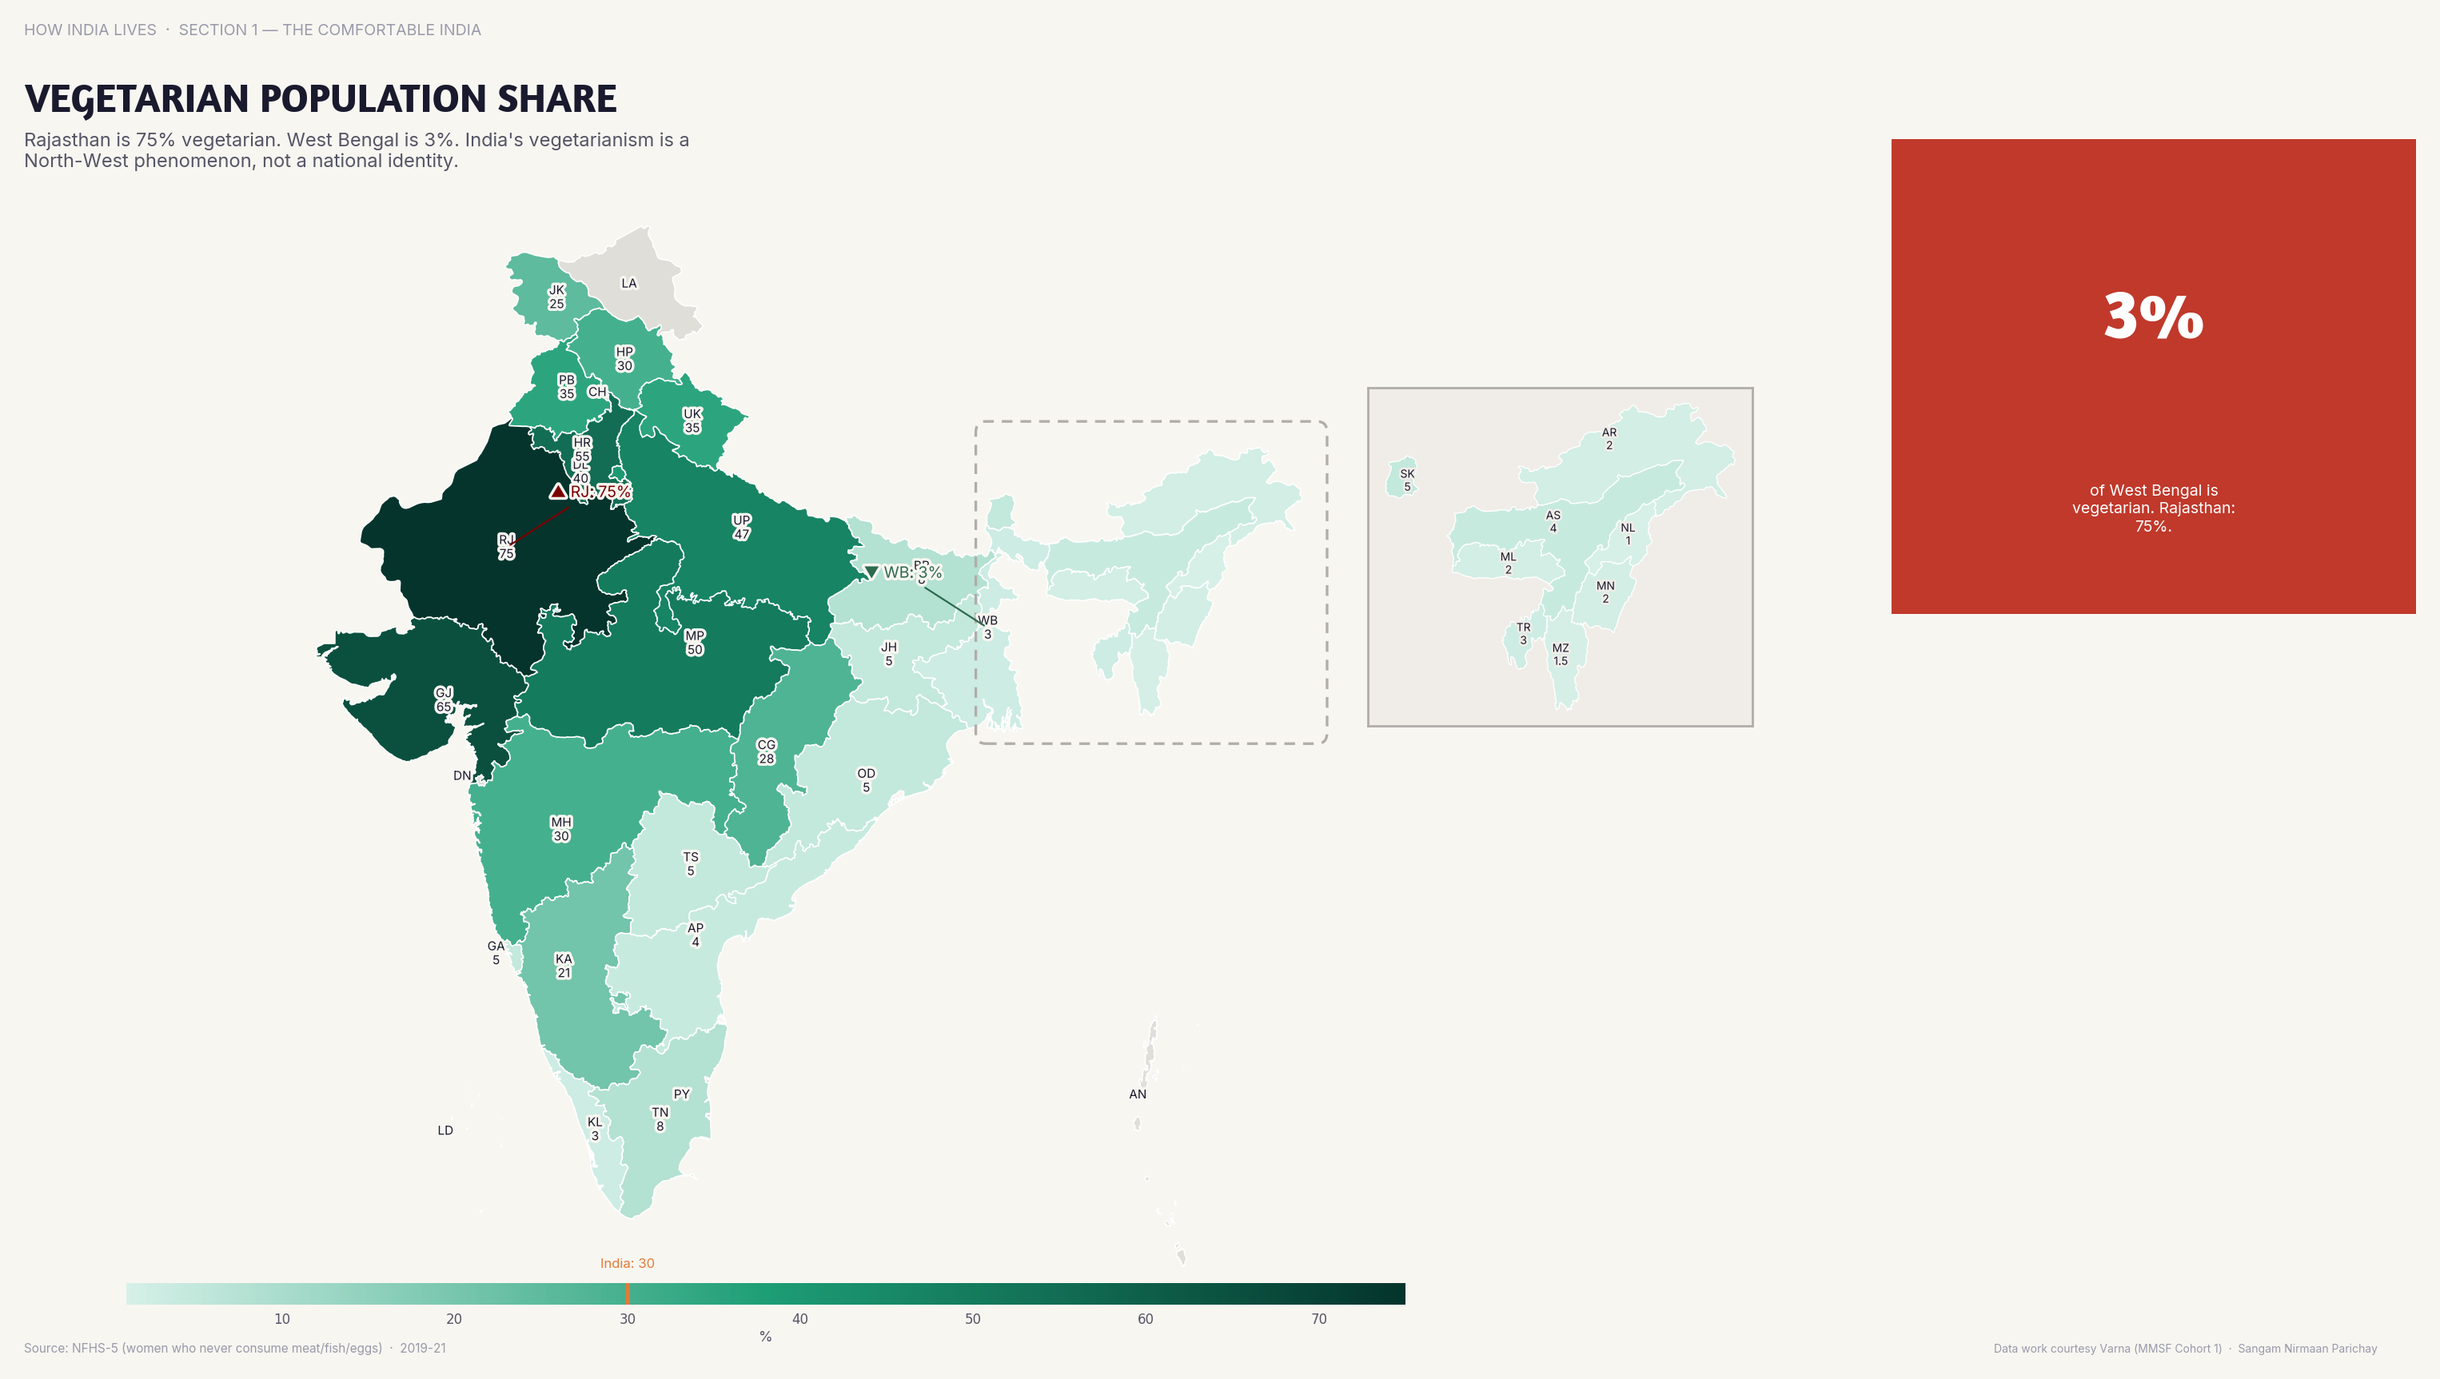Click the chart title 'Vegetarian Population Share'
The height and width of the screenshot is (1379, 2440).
click(x=320, y=98)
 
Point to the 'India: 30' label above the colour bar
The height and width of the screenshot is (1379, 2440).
click(x=627, y=1263)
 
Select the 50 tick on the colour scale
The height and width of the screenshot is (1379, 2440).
click(x=973, y=1318)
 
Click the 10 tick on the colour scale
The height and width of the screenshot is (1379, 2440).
click(x=282, y=1318)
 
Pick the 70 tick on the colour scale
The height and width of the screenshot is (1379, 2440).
click(x=1318, y=1318)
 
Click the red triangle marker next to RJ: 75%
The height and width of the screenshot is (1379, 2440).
click(x=558, y=491)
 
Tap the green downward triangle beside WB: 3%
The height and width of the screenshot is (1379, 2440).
click(x=871, y=572)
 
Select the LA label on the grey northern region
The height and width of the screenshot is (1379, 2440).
click(x=629, y=283)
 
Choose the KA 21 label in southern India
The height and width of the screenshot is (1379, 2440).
click(x=564, y=965)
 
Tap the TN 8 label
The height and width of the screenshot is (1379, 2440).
click(x=660, y=1118)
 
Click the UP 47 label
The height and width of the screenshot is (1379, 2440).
click(x=742, y=527)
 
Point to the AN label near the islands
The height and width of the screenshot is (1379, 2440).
click(x=1138, y=1094)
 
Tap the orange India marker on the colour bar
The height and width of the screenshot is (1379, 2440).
click(x=627, y=1293)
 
